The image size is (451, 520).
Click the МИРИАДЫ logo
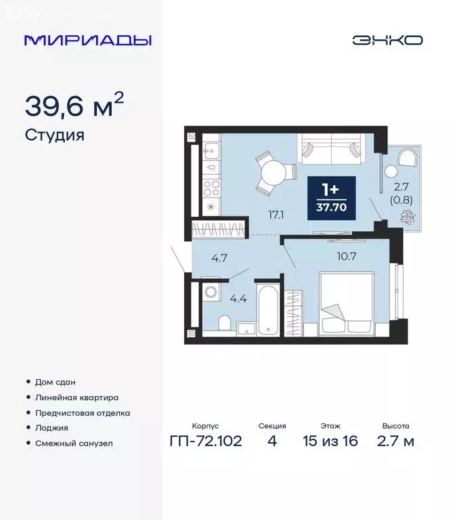pos(88,40)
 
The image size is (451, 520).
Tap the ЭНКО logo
pos(387,40)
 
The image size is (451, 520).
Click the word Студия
pos(54,135)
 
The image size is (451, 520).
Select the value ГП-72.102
pos(205,442)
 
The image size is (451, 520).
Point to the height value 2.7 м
pos(395,442)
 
